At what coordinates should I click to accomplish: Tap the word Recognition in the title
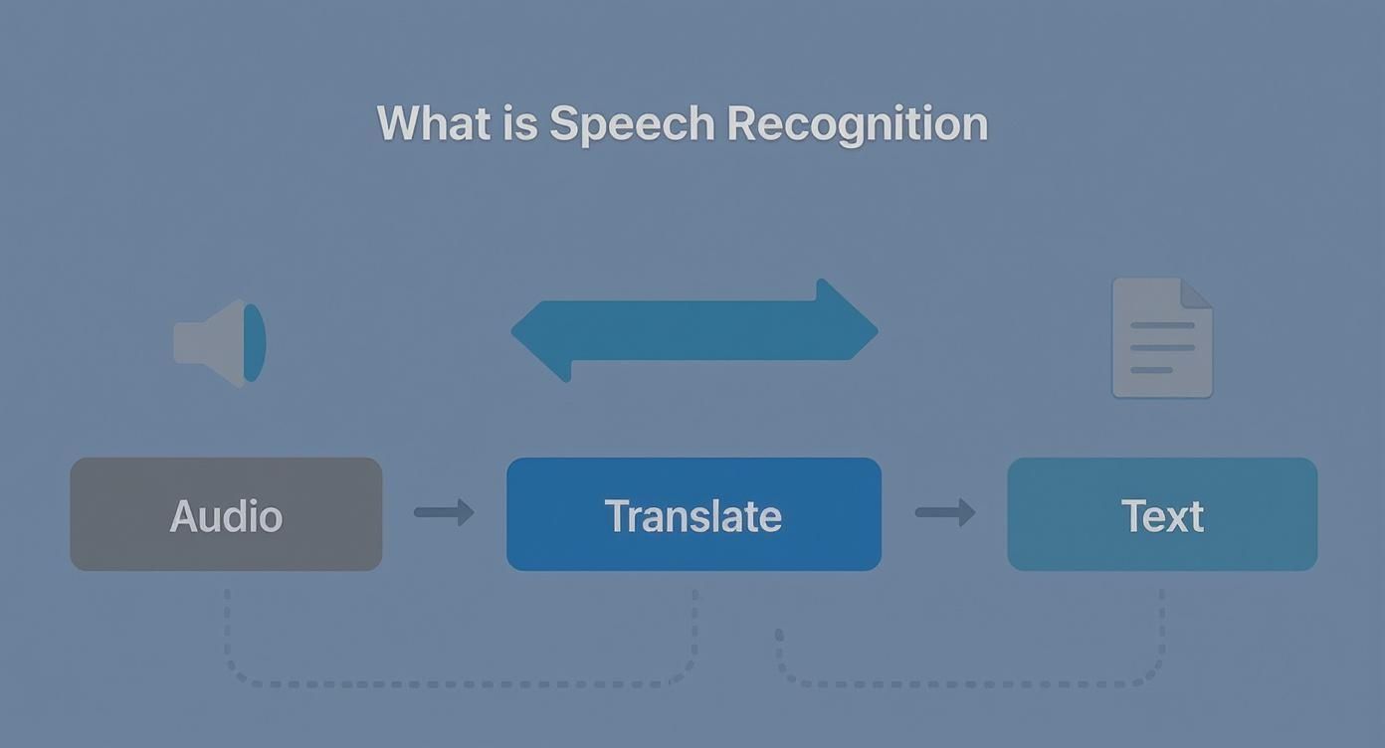857,125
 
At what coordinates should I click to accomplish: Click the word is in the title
520,124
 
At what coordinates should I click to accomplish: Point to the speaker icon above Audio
219,342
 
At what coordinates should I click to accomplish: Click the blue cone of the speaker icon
255,342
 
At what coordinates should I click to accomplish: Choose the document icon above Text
1161,338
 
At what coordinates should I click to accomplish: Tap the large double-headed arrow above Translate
693,330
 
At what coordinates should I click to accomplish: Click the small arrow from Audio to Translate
444,512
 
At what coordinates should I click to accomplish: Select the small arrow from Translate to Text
944,512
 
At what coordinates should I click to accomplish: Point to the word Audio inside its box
226,516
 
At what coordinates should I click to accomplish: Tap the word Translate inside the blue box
693,516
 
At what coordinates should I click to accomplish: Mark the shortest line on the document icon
1151,370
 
